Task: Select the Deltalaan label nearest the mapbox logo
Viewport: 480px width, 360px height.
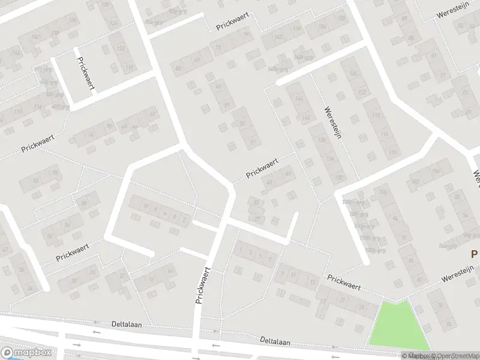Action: point(126,324)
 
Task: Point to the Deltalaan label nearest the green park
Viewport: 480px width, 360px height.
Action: point(275,341)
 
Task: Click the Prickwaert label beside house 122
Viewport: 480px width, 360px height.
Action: point(86,74)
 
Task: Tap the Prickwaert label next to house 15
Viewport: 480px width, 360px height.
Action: point(344,283)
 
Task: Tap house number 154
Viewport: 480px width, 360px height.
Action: point(323,26)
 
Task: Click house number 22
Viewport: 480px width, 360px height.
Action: point(124,276)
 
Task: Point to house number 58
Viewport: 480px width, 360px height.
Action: point(84,203)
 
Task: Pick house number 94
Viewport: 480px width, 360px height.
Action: point(395,220)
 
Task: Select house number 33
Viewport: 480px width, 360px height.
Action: point(256,202)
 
